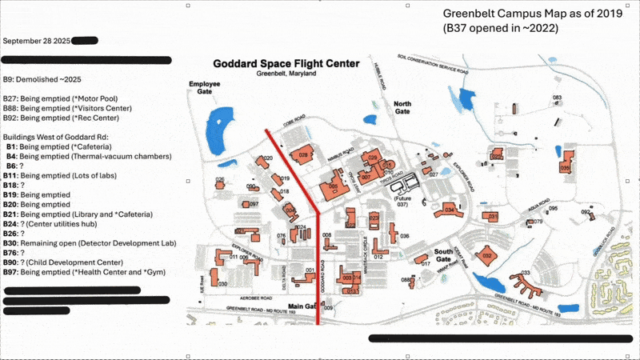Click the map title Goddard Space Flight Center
[285, 63]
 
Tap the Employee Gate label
[204, 87]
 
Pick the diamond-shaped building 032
[486, 256]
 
